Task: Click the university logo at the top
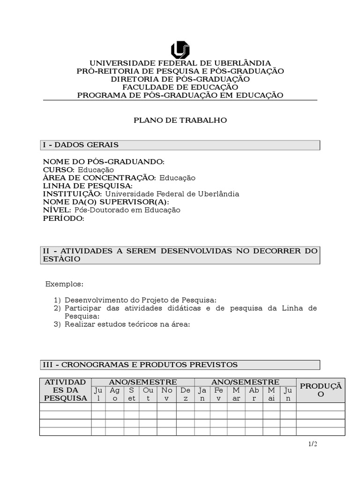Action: (x=180, y=50)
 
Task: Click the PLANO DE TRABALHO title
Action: (x=180, y=120)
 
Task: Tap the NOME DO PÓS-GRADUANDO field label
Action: (x=104, y=162)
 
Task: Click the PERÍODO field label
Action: (x=64, y=218)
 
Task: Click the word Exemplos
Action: (x=64, y=285)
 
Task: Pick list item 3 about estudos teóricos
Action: (x=127, y=324)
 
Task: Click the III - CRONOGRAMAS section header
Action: (x=140, y=365)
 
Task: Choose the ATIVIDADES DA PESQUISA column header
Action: (x=65, y=390)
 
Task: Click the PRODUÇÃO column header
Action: (x=321, y=390)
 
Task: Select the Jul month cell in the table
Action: (x=98, y=394)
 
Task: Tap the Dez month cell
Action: (x=186, y=394)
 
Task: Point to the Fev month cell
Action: (x=218, y=394)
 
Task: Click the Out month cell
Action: (x=148, y=394)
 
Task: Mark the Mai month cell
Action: (x=272, y=394)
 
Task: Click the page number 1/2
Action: (x=313, y=444)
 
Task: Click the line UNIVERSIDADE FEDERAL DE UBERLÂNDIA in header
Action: (x=180, y=63)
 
